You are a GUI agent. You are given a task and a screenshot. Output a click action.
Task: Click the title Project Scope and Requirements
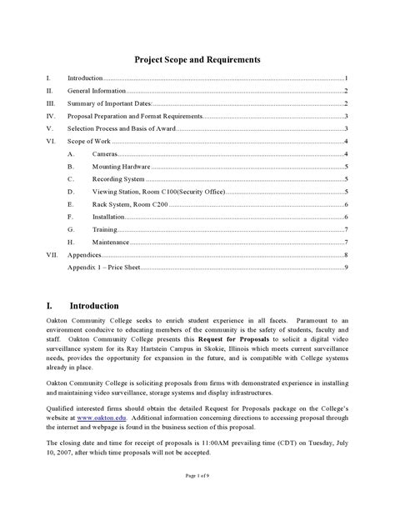click(x=197, y=60)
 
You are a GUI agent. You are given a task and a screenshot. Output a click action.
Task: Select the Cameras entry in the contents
click(x=105, y=154)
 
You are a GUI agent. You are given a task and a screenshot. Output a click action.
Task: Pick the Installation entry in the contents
click(x=109, y=217)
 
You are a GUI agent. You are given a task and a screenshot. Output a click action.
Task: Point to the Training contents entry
click(x=105, y=229)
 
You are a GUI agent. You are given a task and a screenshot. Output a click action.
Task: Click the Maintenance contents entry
click(x=111, y=242)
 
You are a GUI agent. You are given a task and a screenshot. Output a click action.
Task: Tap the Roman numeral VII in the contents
click(x=52, y=254)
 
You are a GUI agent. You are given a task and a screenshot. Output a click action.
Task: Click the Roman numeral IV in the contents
click(x=51, y=116)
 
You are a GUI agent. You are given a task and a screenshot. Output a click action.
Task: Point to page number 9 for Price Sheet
click(x=345, y=267)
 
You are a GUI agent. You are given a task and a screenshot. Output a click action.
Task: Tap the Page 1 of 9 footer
click(x=197, y=498)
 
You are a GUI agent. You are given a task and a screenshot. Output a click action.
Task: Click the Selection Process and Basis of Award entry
click(x=120, y=128)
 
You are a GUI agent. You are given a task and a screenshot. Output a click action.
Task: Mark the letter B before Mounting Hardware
click(x=71, y=167)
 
